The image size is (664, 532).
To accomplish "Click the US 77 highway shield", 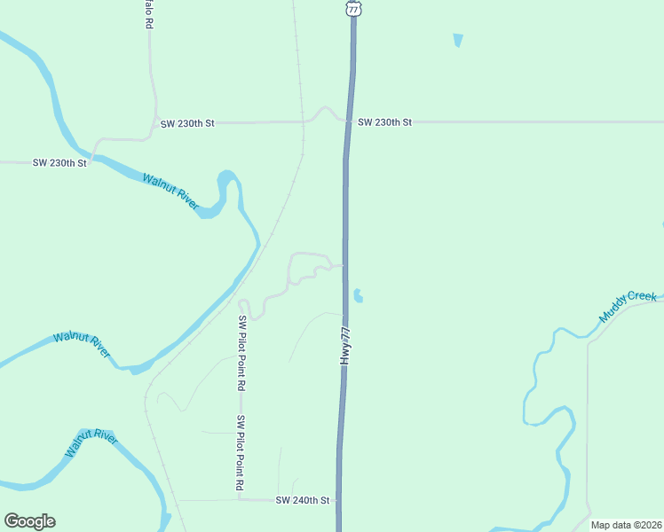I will pyautogui.click(x=353, y=7).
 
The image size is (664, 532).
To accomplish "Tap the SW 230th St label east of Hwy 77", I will pyautogui.click(x=384, y=122).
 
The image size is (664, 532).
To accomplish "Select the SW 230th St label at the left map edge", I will pyautogui.click(x=59, y=163).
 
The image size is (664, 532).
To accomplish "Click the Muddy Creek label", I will pyautogui.click(x=628, y=307).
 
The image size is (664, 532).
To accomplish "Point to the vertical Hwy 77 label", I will pyautogui.click(x=347, y=343).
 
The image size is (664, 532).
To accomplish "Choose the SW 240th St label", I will pyautogui.click(x=302, y=501).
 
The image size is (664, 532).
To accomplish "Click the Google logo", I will pyautogui.click(x=29, y=521).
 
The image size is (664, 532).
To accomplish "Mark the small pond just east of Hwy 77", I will pyautogui.click(x=358, y=295).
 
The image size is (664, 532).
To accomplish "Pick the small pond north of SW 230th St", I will pyautogui.click(x=458, y=40).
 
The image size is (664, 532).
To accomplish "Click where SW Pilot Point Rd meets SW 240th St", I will pyautogui.click(x=240, y=500).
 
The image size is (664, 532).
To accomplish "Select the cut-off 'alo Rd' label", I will pyautogui.click(x=149, y=16).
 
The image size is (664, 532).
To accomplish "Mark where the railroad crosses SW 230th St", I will pyautogui.click(x=304, y=121).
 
